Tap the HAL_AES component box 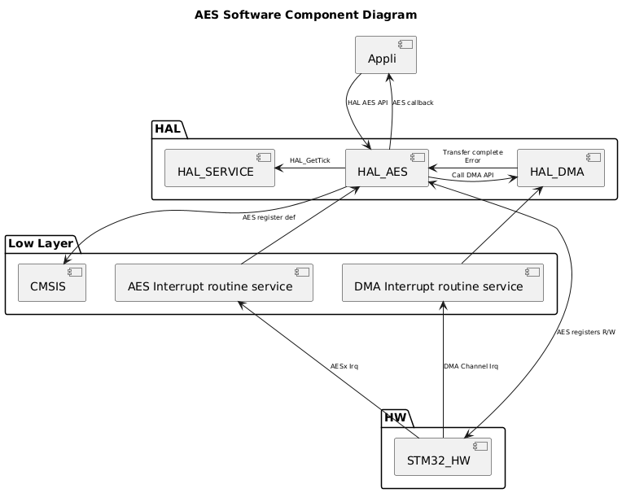387,168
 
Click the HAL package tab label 167,129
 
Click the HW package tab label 397,417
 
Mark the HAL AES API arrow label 367,103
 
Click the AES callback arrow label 413,103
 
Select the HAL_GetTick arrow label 309,160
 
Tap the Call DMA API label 472,175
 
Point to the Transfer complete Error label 472,156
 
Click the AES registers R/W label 586,332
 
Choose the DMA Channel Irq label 471,366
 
